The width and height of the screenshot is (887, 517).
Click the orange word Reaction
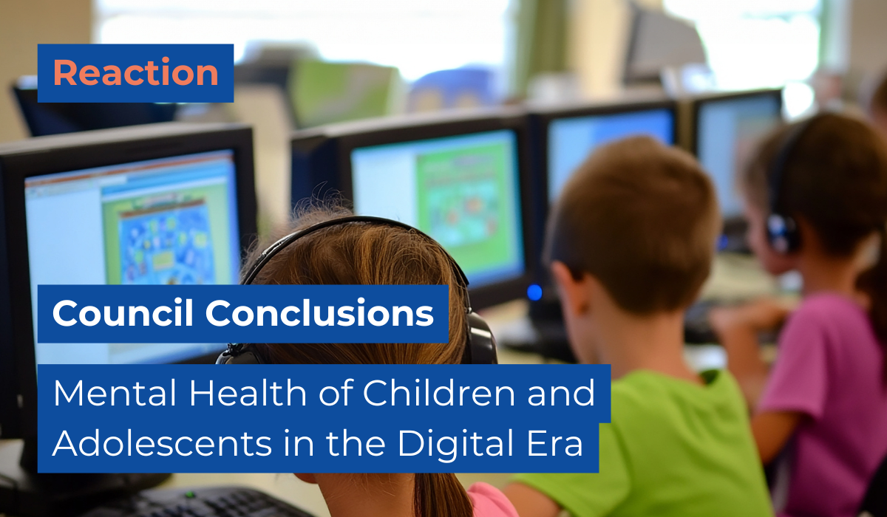[136, 72]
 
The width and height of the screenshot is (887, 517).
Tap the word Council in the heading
[123, 313]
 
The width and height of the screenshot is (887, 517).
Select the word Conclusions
[319, 313]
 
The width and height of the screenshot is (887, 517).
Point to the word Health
[248, 393]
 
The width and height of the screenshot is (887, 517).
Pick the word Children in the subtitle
[439, 393]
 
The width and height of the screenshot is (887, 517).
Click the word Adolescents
[163, 443]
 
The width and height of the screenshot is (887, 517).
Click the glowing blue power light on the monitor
[534, 292]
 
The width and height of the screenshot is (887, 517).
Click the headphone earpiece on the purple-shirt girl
[781, 233]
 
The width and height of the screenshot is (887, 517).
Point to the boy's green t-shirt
[653, 443]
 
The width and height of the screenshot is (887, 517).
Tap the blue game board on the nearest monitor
[166, 245]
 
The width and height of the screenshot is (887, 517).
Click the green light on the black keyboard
[190, 494]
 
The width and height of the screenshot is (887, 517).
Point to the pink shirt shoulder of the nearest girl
[491, 501]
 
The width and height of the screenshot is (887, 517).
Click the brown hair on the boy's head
[633, 206]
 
